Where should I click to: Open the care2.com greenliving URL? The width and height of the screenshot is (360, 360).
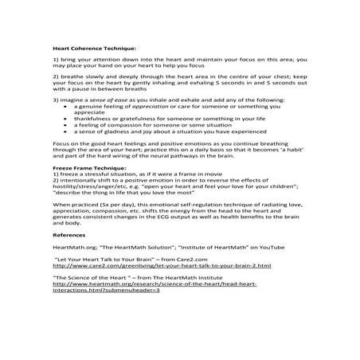pos(162,264)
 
